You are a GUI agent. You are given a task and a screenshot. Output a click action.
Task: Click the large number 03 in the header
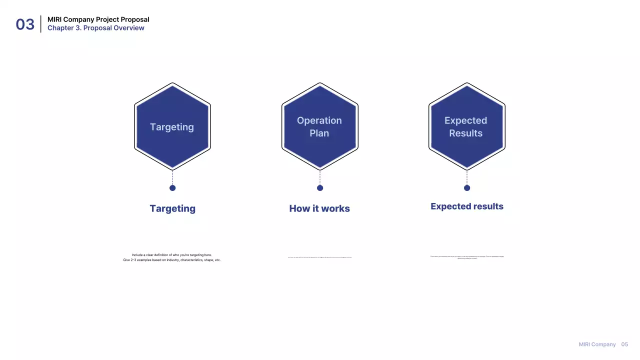tap(25, 24)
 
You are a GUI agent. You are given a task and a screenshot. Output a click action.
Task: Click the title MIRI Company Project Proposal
tap(98, 19)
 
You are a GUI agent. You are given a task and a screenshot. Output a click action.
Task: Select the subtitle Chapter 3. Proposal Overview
tap(95, 28)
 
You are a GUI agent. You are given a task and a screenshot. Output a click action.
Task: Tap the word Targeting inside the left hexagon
tap(172, 127)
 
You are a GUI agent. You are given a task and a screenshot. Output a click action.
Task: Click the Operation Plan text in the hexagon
tap(319, 127)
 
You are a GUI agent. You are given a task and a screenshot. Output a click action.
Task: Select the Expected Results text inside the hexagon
tap(465, 127)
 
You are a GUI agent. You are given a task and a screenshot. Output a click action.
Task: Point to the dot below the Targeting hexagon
tap(172, 188)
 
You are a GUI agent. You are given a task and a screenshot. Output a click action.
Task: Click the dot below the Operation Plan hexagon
tap(320, 188)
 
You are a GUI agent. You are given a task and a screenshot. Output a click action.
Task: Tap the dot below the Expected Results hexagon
tap(467, 188)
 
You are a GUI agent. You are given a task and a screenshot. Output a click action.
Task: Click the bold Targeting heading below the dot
tap(172, 208)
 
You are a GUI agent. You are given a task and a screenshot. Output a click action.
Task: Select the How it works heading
tap(319, 208)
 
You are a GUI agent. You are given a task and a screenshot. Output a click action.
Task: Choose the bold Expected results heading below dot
tap(467, 206)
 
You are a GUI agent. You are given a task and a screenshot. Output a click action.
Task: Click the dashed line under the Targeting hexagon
tap(172, 177)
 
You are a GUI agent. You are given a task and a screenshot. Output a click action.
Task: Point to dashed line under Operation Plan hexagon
tap(320, 177)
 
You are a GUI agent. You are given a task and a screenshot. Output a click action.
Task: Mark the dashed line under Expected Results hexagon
tap(467, 177)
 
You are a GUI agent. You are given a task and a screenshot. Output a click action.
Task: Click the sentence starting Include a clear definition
tap(172, 255)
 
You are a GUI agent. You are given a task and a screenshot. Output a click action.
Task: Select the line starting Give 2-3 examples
tap(172, 260)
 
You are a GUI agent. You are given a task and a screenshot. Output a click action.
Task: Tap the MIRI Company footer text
tap(597, 344)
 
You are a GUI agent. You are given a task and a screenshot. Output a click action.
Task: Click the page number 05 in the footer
tap(624, 344)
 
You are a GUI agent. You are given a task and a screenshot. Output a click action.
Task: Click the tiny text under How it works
tap(319, 257)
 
